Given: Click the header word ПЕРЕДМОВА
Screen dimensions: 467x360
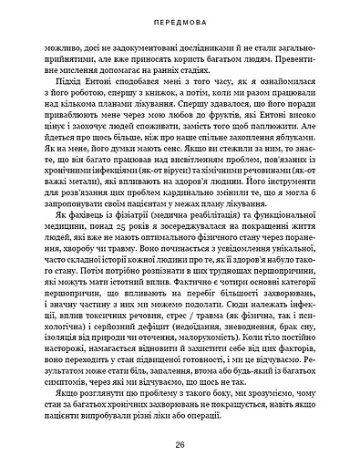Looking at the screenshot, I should [x=180, y=17].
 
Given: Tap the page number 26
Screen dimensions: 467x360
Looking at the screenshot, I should [x=180, y=446].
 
